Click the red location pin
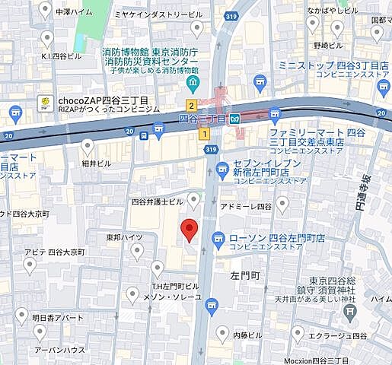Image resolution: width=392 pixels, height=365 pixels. click(x=189, y=227)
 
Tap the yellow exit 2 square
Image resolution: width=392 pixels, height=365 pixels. click(x=192, y=106)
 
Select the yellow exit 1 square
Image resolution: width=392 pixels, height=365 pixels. click(x=203, y=133)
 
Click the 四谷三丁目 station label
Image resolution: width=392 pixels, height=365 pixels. click(x=202, y=119)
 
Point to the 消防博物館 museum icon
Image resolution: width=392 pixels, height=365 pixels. click(x=193, y=81)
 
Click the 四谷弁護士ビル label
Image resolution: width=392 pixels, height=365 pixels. click(x=157, y=202)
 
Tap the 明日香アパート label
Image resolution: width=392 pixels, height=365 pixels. click(x=58, y=316)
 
